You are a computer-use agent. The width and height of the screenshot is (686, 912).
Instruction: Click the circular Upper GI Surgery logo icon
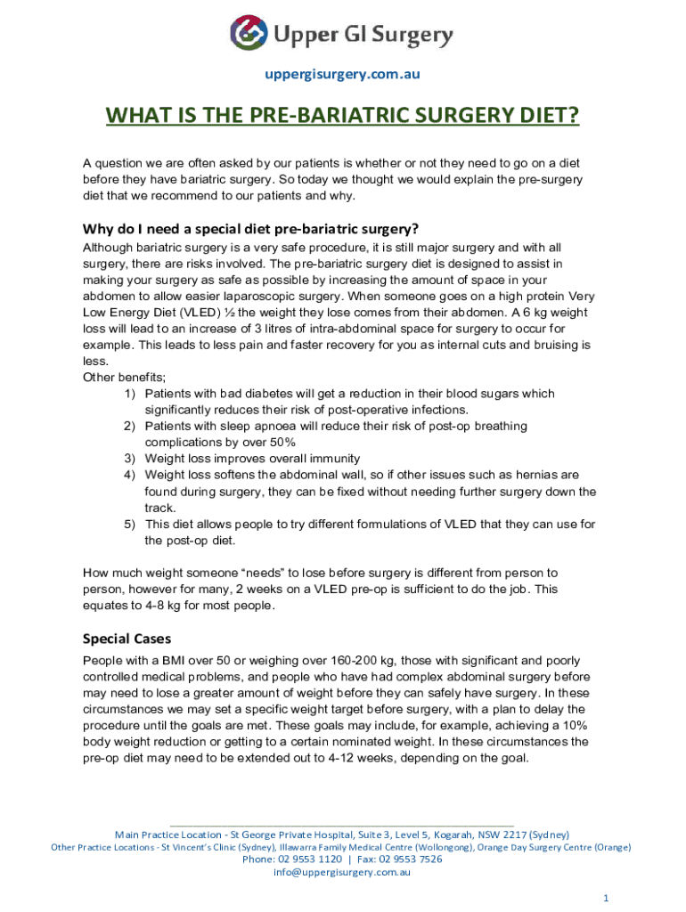tap(249, 34)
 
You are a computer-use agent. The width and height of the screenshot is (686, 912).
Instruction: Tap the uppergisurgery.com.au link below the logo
tap(342, 74)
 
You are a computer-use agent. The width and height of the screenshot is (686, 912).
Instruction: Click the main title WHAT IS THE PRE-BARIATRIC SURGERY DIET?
tap(342, 117)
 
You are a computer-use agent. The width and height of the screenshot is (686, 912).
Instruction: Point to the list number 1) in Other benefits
tap(130, 394)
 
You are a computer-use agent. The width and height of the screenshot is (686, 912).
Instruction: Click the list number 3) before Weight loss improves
tap(130, 459)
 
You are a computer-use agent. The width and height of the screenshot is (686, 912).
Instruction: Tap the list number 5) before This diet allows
tap(130, 525)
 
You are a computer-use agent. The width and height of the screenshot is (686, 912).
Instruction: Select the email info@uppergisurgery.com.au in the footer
tap(342, 873)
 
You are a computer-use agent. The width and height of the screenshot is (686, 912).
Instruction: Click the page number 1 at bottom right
tap(606, 898)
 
